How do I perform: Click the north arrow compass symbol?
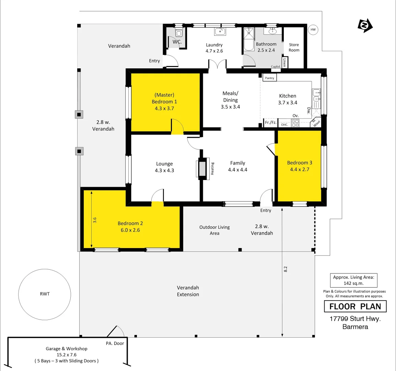[x=365, y=25]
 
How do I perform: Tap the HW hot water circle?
[x=313, y=30]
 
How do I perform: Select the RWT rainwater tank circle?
[x=45, y=294]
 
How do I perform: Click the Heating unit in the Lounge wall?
[x=202, y=169]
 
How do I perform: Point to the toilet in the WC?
[x=178, y=33]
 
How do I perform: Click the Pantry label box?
[x=270, y=78]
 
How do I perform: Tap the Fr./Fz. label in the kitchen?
[x=270, y=123]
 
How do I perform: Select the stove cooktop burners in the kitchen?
[x=295, y=123]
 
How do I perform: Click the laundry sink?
[x=220, y=32]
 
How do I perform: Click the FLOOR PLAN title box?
[x=355, y=306]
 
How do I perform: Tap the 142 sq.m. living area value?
[x=353, y=283]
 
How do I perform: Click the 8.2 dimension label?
[x=286, y=269]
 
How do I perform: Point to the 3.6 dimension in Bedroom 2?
[x=95, y=220]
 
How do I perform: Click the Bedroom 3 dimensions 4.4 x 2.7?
[x=300, y=169]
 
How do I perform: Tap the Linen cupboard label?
[x=284, y=62]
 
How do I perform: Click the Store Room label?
[x=294, y=47]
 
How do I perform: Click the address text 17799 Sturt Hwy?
[x=355, y=319]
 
